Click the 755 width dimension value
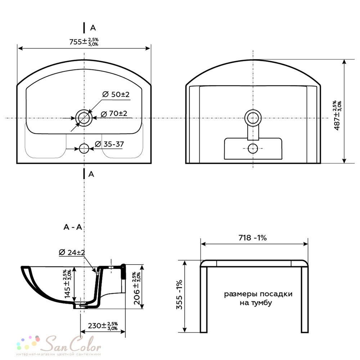84,42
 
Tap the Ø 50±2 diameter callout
116,94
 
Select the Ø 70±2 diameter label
114,113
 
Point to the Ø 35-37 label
109,144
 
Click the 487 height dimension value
338,115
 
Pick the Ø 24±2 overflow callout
72,252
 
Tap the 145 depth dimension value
68,284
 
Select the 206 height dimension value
137,288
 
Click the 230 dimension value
103,325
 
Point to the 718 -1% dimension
253,238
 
